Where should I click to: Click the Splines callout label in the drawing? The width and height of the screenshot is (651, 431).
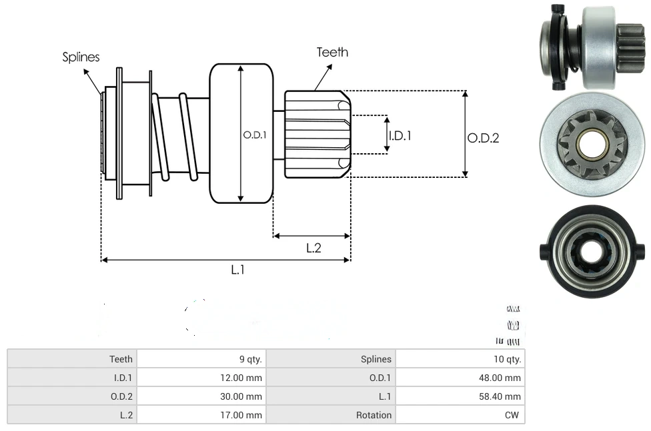coord(81,57)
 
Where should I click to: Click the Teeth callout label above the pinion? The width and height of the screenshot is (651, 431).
coord(332,52)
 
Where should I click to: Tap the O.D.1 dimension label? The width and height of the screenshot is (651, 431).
coord(255,135)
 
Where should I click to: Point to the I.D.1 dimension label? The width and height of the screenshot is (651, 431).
coord(400,135)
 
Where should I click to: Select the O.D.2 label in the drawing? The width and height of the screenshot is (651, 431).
coord(483,139)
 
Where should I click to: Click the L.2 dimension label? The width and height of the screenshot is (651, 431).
coord(313,248)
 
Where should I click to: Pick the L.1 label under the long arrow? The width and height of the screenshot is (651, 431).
coord(238,270)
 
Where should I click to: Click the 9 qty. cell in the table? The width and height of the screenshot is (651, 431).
coord(251,359)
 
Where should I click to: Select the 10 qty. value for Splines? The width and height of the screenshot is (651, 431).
coord(508,359)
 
